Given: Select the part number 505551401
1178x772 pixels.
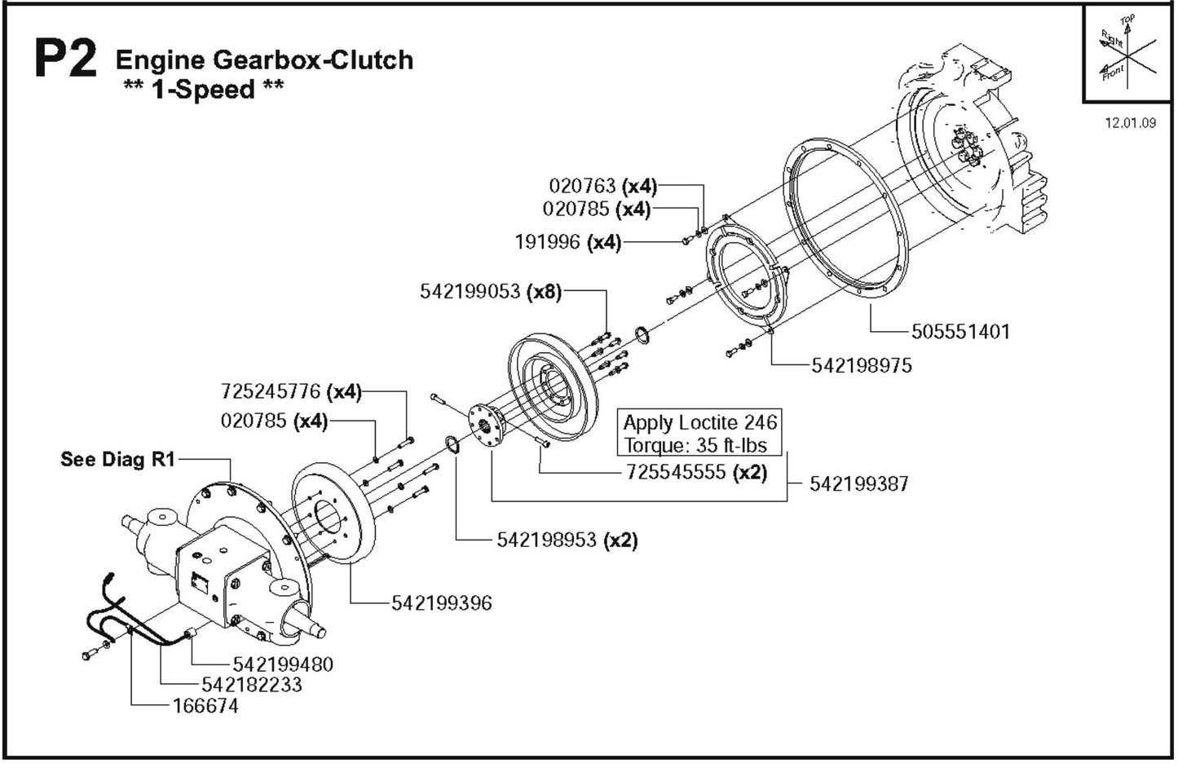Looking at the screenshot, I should [960, 332].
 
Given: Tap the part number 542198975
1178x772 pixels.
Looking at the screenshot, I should [861, 366].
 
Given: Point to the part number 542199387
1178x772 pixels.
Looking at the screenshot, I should [858, 484].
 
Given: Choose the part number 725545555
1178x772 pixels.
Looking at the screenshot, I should [676, 472].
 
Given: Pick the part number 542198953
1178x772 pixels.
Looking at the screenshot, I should [547, 540].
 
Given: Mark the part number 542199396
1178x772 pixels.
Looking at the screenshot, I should [442, 603].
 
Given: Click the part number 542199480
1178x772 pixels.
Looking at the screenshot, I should [283, 664].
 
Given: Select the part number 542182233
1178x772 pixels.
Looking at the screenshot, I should [251, 685].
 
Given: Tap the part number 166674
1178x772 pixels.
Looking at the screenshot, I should [205, 706].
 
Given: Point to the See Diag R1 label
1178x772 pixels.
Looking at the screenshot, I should [117, 459].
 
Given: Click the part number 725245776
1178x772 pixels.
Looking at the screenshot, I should [271, 392].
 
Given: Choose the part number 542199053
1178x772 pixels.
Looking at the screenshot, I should [470, 292].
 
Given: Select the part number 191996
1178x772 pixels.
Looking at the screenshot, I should [547, 242].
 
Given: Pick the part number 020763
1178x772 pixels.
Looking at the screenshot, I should [581, 186].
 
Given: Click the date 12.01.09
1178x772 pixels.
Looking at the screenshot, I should [1130, 123].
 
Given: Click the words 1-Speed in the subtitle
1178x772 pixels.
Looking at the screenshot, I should [202, 90].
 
